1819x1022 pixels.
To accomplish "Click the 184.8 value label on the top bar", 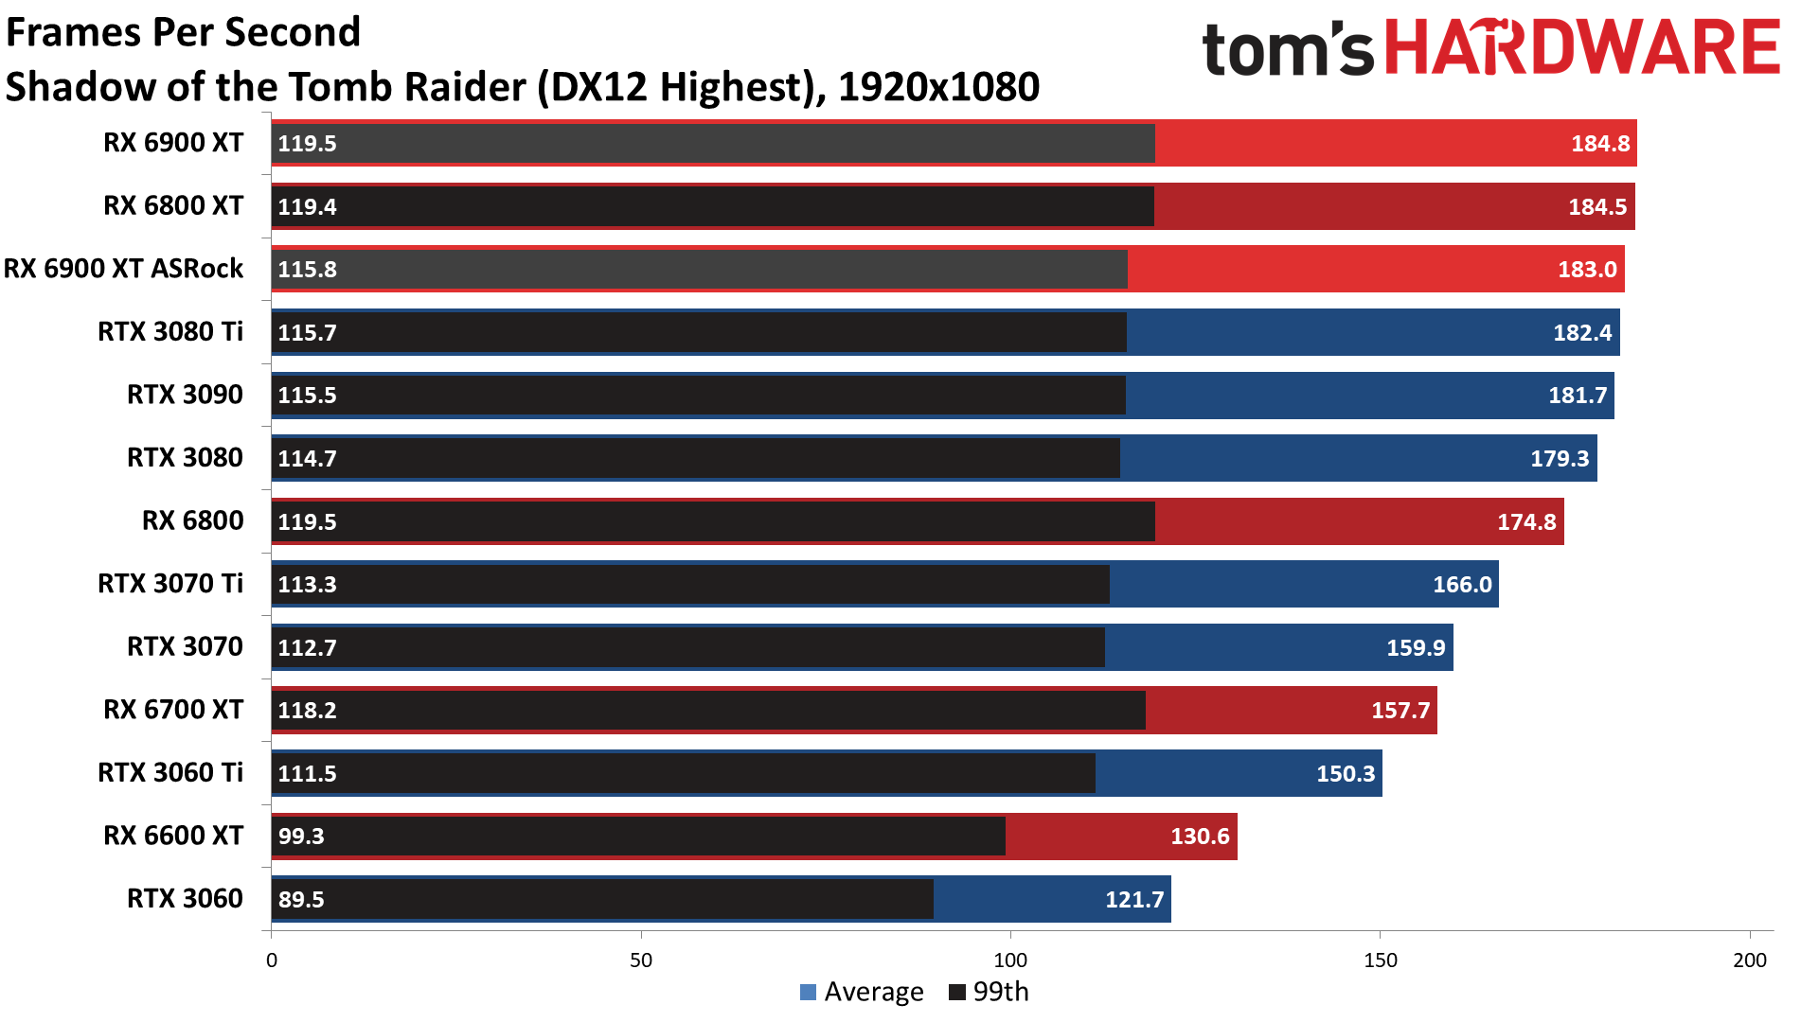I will [x=1599, y=144].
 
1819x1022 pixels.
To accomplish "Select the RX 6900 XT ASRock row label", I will [x=124, y=269].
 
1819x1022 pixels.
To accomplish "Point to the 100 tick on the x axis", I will [x=1010, y=960].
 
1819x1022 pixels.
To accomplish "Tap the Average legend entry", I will [x=862, y=992].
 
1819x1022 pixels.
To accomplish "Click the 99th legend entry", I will [x=989, y=992].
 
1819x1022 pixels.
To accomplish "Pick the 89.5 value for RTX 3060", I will [x=301, y=899].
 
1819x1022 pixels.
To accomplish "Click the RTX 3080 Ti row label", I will [x=170, y=332].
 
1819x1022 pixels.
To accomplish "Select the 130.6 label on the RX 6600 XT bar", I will [x=1200, y=837].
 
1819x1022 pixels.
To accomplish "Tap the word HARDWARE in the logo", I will [x=1582, y=49].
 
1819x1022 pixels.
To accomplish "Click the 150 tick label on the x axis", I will [x=1380, y=960].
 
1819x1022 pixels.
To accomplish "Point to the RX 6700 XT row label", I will [x=173, y=710].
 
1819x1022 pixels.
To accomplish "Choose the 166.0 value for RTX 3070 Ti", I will [x=1462, y=585].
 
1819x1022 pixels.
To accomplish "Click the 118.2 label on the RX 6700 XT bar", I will [x=307, y=711].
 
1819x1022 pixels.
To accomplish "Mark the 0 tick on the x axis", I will [x=272, y=960].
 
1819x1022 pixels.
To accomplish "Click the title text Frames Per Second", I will [x=184, y=32].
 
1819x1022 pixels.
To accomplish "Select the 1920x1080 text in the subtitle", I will [x=938, y=88].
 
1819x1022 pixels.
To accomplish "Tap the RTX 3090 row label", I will [x=185, y=395].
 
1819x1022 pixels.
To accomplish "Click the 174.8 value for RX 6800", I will [x=1526, y=521].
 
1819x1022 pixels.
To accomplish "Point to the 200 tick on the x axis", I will [x=1749, y=960].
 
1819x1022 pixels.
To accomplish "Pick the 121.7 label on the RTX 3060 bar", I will [x=1134, y=899].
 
